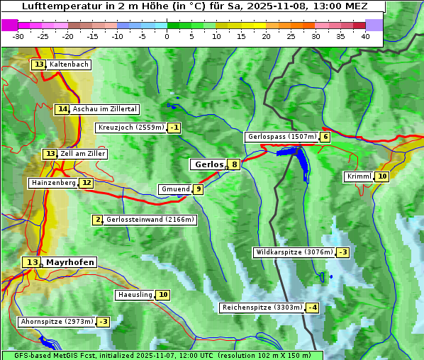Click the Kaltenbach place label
69,64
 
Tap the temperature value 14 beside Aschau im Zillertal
62,109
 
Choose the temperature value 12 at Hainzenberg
87,183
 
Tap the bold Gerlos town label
208,164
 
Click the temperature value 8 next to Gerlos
234,164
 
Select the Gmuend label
175,189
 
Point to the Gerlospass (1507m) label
281,137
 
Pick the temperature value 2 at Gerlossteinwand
98,220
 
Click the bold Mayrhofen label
69,262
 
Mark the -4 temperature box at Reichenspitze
312,308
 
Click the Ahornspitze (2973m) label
57,322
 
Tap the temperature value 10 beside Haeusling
163,295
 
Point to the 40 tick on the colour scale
365,35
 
